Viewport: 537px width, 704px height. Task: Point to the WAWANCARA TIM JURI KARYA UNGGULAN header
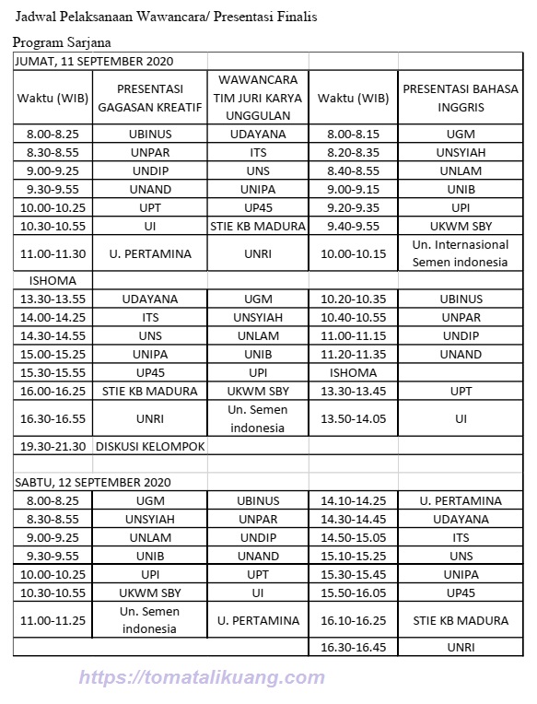[x=257, y=98]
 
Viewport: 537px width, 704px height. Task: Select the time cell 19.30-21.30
[x=52, y=446]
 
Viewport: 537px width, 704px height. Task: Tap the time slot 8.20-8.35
[x=354, y=152]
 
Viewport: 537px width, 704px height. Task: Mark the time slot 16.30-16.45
[x=354, y=647]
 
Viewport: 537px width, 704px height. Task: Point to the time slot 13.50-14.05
[x=354, y=418]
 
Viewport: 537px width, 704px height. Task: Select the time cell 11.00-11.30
[x=52, y=253]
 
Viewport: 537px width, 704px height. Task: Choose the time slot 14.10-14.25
[x=354, y=500]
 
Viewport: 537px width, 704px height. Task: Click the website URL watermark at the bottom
[x=203, y=678]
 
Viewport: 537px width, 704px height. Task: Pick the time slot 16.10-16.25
[x=354, y=620]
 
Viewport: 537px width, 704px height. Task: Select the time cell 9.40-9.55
[x=354, y=226]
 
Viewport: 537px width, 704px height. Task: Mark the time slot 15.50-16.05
[x=354, y=593]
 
